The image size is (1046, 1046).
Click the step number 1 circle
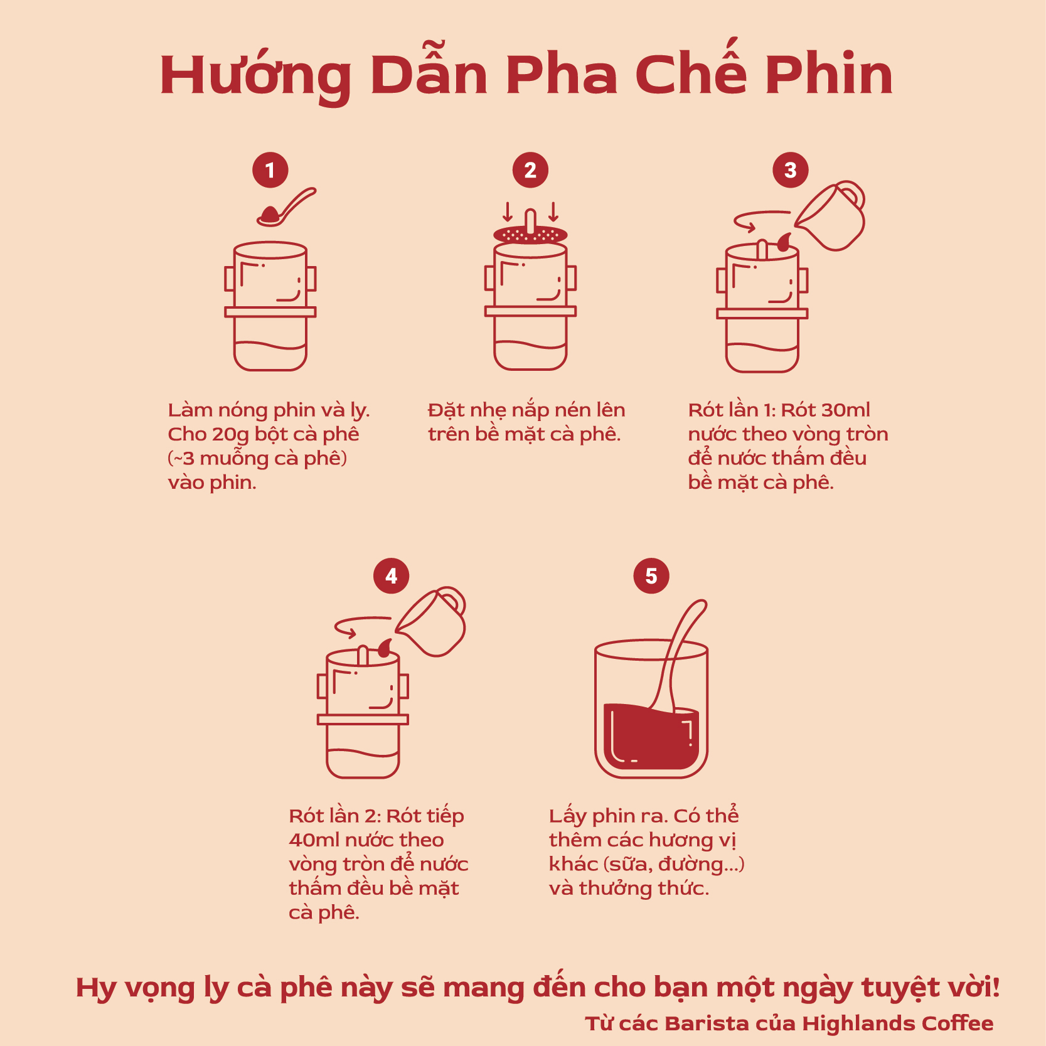[x=270, y=170]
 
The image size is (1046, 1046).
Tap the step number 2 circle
[x=530, y=170]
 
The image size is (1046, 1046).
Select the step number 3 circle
[x=790, y=170]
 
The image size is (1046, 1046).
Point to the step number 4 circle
[x=391, y=576]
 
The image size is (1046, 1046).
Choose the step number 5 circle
[x=651, y=576]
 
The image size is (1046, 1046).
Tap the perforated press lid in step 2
[x=530, y=235]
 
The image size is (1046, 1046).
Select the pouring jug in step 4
[x=434, y=622]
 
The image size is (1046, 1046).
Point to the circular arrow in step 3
[x=759, y=220]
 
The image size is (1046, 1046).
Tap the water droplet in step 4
[x=385, y=648]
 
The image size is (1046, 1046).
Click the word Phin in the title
[x=828, y=75]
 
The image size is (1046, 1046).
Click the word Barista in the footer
[x=705, y=1023]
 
